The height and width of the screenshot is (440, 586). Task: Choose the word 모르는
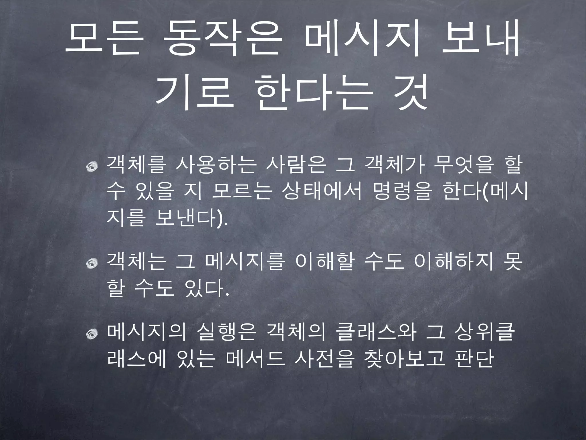[242, 192]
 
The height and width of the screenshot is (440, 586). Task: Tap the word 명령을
[402, 192]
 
